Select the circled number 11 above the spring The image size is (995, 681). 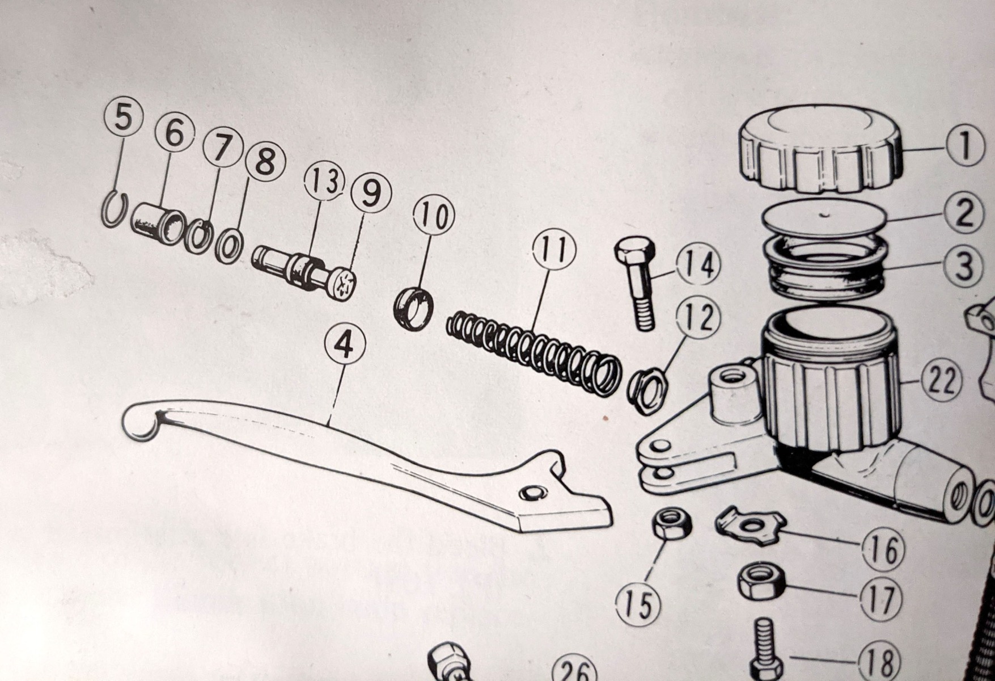[554, 250]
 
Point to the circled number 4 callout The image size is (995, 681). [345, 346]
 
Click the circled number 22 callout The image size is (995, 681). [942, 381]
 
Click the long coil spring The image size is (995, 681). [531, 352]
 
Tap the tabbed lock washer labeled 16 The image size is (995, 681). [750, 523]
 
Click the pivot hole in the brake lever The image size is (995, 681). [533, 493]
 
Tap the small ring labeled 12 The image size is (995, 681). [647, 392]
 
